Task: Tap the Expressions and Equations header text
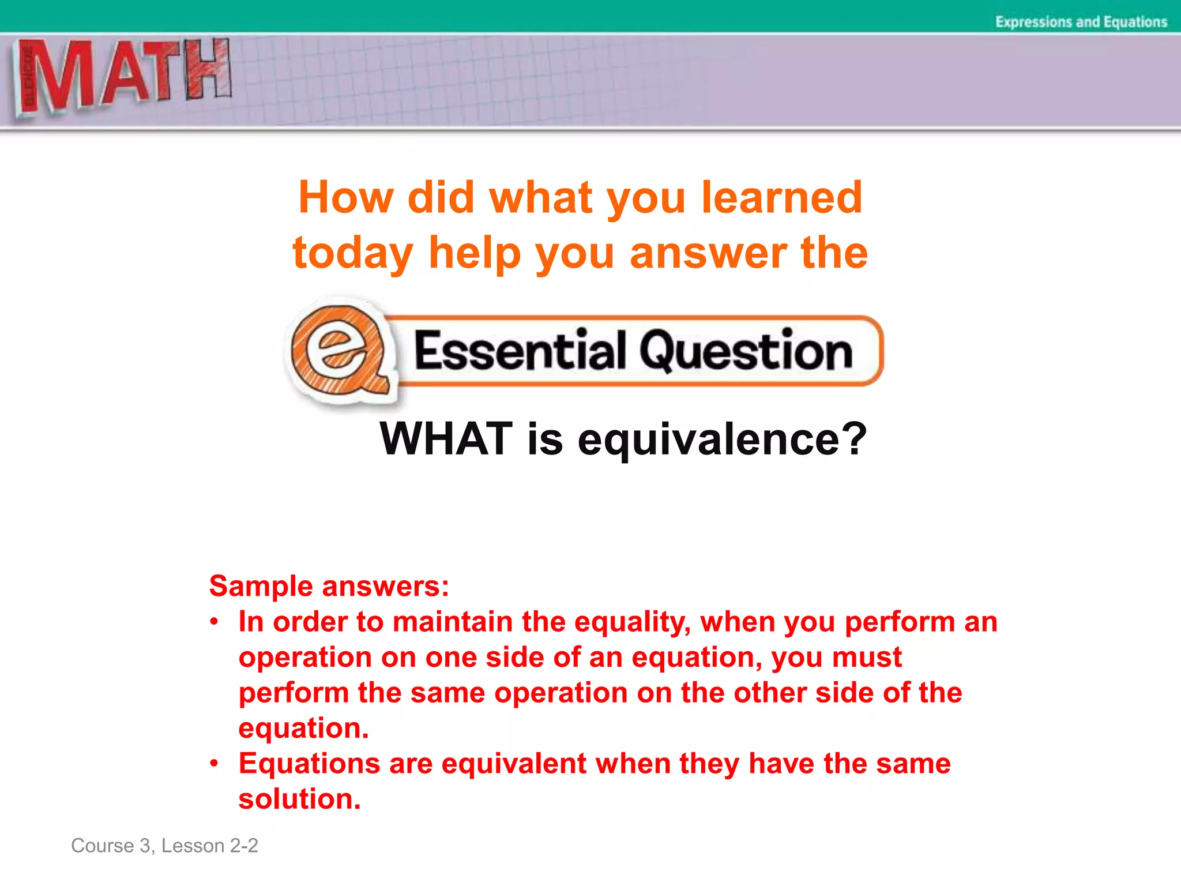[1081, 22]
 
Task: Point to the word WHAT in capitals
[446, 439]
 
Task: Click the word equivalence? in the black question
[722, 440]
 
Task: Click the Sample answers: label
[329, 586]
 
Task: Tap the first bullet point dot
[215, 622]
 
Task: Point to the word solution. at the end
[299, 799]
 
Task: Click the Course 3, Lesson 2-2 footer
[164, 846]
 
